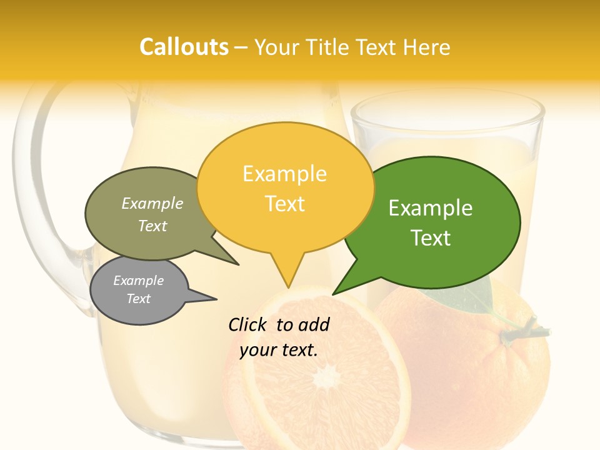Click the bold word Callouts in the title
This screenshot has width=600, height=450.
184,47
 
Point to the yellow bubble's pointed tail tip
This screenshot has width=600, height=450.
289,287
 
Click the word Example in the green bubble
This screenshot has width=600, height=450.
431,208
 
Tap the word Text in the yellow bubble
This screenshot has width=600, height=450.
285,204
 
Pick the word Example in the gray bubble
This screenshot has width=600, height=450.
138,281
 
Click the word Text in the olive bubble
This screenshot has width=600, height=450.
152,226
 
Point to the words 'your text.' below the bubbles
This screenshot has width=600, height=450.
279,350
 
